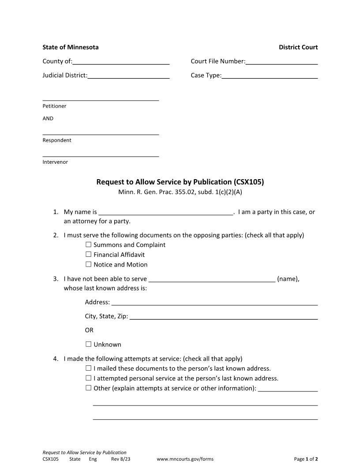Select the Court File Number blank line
coord(281,62)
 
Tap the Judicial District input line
coord(128,76)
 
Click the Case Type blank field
coord(270,76)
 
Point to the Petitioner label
coord(54,106)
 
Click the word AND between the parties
coord(48,119)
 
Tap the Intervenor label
coord(55,162)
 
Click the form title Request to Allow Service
coord(180,182)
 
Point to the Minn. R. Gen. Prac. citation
coord(180,192)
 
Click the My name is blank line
coord(165,212)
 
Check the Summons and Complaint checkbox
coord(88,245)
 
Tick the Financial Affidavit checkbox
coord(88,255)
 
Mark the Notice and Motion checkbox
coord(88,265)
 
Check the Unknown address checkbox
coord(88,345)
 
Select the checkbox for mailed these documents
coord(88,368)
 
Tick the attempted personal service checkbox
coord(88,378)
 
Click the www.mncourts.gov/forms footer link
coord(185,459)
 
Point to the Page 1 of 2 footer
coord(306,459)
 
